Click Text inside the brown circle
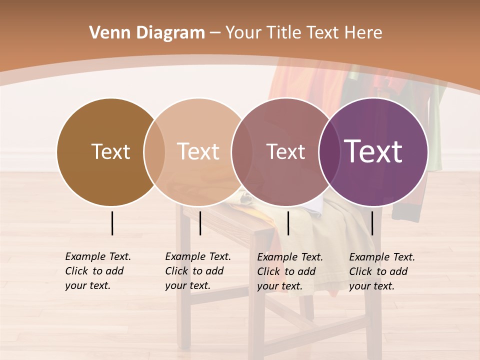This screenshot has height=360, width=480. (x=110, y=151)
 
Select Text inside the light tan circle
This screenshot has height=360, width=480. (x=198, y=151)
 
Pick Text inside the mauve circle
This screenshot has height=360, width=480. (x=285, y=151)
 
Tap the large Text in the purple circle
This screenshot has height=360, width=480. (x=373, y=151)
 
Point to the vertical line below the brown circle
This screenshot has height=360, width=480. (x=112, y=223)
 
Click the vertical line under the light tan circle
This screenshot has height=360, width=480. (x=200, y=223)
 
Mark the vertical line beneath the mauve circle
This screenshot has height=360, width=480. (x=288, y=223)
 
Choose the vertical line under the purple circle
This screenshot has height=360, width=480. (x=372, y=223)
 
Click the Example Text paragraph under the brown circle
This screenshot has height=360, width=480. (x=97, y=271)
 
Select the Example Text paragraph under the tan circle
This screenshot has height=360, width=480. (x=197, y=271)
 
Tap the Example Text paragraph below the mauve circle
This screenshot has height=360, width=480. (x=289, y=271)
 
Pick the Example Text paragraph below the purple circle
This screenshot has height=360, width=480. (x=381, y=271)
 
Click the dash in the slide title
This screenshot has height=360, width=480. (x=215, y=33)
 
